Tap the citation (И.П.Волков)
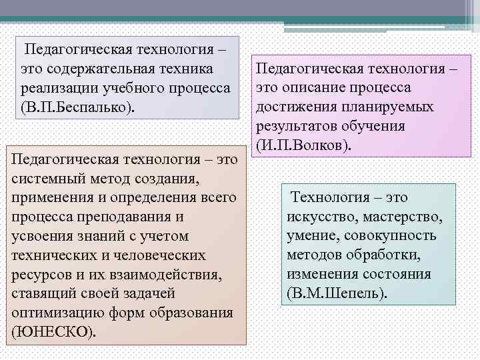[x=302, y=146]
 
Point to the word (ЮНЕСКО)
[x=54, y=333]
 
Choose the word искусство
[x=321, y=217]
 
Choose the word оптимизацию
[x=54, y=313]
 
